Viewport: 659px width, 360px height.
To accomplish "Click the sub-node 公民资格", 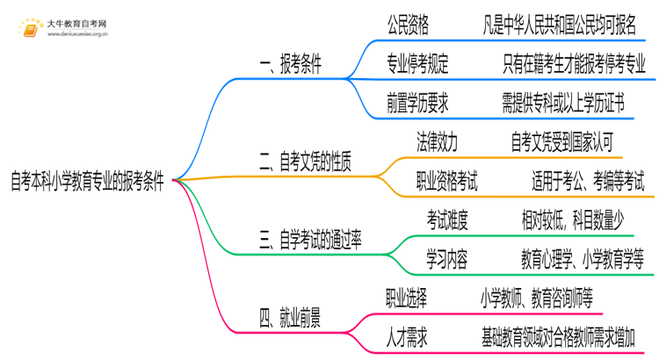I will (x=408, y=25).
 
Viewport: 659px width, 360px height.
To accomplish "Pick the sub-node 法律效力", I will (x=437, y=140).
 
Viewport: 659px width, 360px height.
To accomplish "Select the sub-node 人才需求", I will (x=407, y=336).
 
